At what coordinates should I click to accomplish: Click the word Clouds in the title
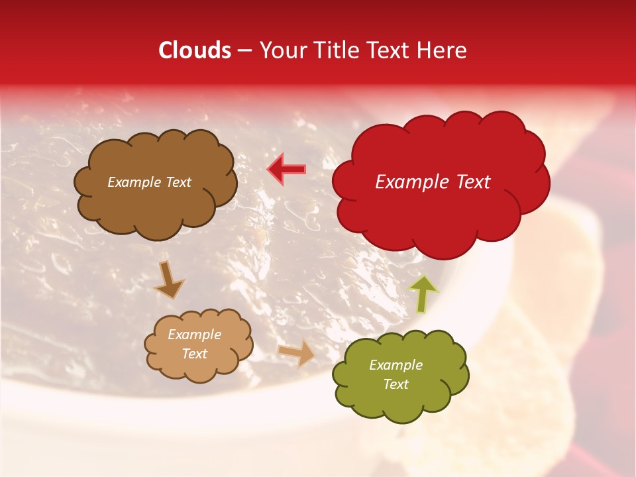[195, 50]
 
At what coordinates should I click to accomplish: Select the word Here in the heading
[442, 50]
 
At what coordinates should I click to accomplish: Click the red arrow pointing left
[286, 170]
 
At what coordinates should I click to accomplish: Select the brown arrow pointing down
[170, 280]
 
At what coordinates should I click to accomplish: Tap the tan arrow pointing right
[297, 352]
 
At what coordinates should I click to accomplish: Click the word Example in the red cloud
[410, 182]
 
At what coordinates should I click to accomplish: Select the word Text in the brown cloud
[178, 182]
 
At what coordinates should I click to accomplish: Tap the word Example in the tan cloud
[194, 335]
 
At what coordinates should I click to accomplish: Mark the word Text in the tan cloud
[194, 354]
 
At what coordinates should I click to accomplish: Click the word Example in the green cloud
[396, 365]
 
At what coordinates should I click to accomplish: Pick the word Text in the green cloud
[396, 384]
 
